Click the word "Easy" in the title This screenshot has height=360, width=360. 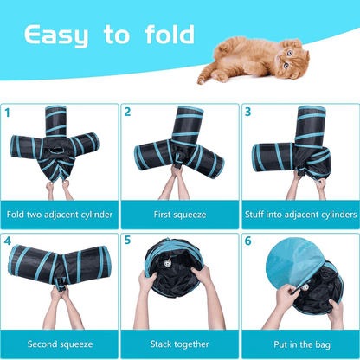[56, 35]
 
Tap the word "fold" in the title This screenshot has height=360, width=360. [170, 35]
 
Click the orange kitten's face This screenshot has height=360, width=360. [289, 58]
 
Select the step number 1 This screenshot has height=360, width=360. [7, 112]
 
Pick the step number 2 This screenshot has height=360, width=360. [127, 112]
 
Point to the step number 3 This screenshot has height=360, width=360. [247, 112]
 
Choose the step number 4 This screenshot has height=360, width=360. [8, 241]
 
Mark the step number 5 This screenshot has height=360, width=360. [127, 240]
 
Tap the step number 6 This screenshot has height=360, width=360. [248, 241]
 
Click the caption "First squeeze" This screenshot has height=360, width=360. [180, 215]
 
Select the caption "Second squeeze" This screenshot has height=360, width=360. [60, 344]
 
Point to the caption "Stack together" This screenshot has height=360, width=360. [179, 344]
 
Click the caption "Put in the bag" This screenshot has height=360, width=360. [302, 344]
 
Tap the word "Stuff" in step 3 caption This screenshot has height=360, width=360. [254, 215]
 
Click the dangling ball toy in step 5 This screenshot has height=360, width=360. [167, 263]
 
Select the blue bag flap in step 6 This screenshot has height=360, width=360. [293, 262]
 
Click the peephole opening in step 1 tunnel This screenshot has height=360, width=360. [57, 151]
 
